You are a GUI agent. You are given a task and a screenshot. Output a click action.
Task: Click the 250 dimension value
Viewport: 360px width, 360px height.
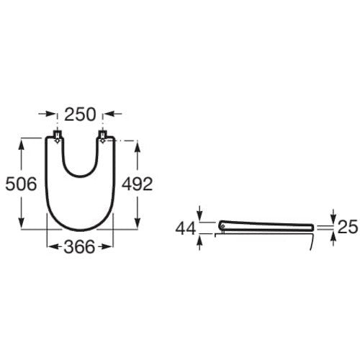tap(80, 114)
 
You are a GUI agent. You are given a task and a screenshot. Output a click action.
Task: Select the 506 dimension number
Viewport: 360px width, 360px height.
tap(21, 184)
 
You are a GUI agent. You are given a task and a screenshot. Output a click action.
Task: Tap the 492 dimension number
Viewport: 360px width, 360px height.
tap(137, 184)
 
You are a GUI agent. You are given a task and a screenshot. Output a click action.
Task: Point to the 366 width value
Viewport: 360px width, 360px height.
tap(79, 247)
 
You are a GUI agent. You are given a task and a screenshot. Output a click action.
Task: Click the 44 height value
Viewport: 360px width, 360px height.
tap(186, 229)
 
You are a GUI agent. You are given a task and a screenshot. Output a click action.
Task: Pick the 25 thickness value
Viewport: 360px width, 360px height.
tap(348, 227)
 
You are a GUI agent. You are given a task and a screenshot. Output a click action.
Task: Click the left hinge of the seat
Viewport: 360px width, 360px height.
tap(57, 137)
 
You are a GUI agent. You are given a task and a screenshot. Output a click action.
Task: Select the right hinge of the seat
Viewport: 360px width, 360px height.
tap(103, 137)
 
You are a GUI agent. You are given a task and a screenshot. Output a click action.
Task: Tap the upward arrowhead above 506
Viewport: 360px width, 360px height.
tap(22, 145)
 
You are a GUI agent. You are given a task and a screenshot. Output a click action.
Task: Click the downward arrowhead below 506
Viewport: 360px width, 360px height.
tap(22, 222)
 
